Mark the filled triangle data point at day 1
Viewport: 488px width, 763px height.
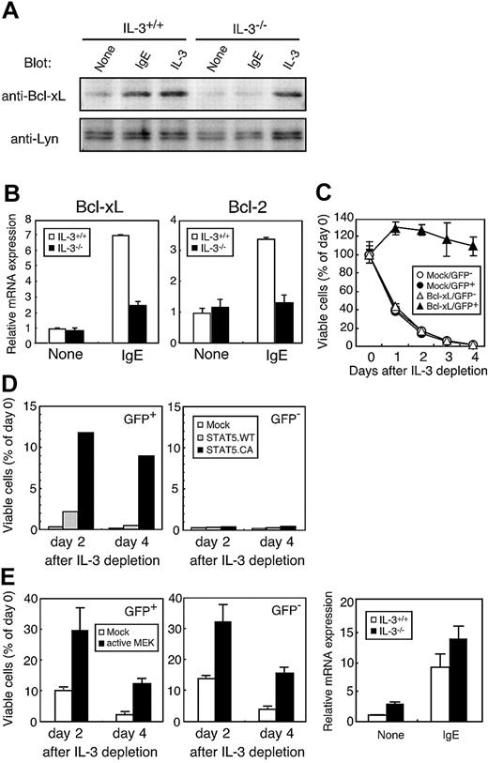click(x=370, y=228)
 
